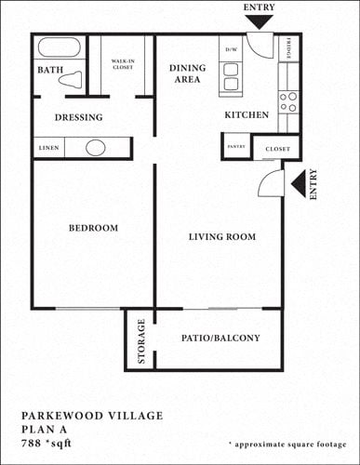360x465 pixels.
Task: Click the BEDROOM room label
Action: coord(94,228)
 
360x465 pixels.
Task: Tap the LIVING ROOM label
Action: coord(221,237)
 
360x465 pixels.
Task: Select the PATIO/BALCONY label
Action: coord(220,338)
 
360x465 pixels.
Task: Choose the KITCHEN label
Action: coord(247,114)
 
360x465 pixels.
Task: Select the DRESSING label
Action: coord(78,117)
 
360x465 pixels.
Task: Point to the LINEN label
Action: coord(50,148)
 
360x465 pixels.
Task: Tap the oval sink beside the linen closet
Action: coord(96,147)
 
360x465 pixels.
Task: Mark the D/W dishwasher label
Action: coord(230,49)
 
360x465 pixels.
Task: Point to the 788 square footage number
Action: coord(34,443)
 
